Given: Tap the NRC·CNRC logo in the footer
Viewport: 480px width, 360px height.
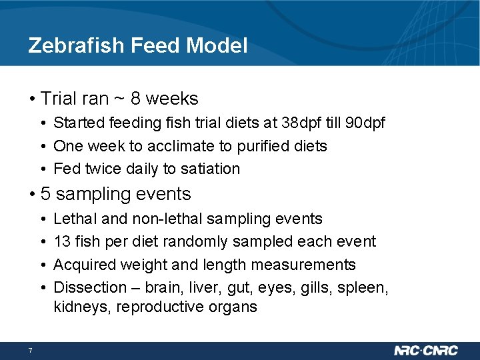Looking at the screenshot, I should coord(427,351).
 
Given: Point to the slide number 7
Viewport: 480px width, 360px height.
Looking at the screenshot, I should coord(31,351).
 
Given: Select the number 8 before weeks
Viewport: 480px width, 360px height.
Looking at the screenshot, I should coord(135,99).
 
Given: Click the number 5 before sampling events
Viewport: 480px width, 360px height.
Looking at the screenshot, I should coord(45,194).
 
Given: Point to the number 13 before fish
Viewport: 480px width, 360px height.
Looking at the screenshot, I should coord(62,241).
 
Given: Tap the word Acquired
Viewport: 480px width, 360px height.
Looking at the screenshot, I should coord(82,265).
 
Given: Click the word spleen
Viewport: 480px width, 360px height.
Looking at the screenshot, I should coord(365,287).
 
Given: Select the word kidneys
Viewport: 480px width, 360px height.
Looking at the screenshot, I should coord(79,307).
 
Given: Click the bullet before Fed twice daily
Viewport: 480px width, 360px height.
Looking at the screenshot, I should coord(41,169).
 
